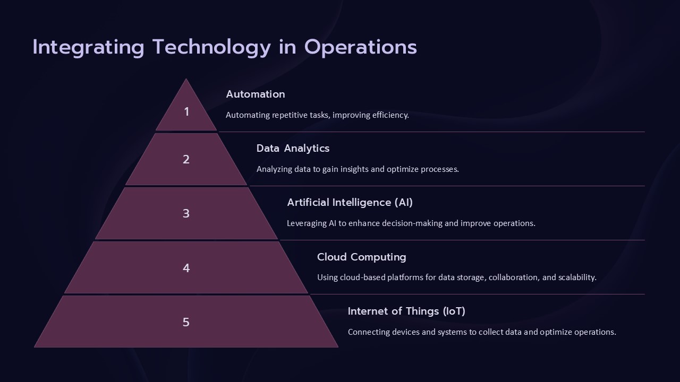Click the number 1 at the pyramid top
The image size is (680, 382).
pos(186,111)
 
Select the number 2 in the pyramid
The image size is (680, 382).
pos(186,159)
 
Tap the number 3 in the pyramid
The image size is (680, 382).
pos(186,213)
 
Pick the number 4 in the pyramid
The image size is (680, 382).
pos(186,268)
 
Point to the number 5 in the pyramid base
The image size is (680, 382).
pos(186,322)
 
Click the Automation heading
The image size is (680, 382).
pos(256,94)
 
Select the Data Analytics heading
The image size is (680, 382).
pos(293,148)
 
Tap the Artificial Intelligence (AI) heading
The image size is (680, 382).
pos(350,202)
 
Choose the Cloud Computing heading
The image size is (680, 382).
pos(361,257)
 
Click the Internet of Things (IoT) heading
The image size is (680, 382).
pos(406,311)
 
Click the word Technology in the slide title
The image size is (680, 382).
pos(211,47)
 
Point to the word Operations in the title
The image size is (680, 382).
pos(361,47)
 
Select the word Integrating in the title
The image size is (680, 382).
pos(88,47)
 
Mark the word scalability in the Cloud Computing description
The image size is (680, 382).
pos(577,277)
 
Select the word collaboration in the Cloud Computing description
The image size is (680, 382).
pos(513,277)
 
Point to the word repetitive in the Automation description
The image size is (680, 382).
pos(291,115)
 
